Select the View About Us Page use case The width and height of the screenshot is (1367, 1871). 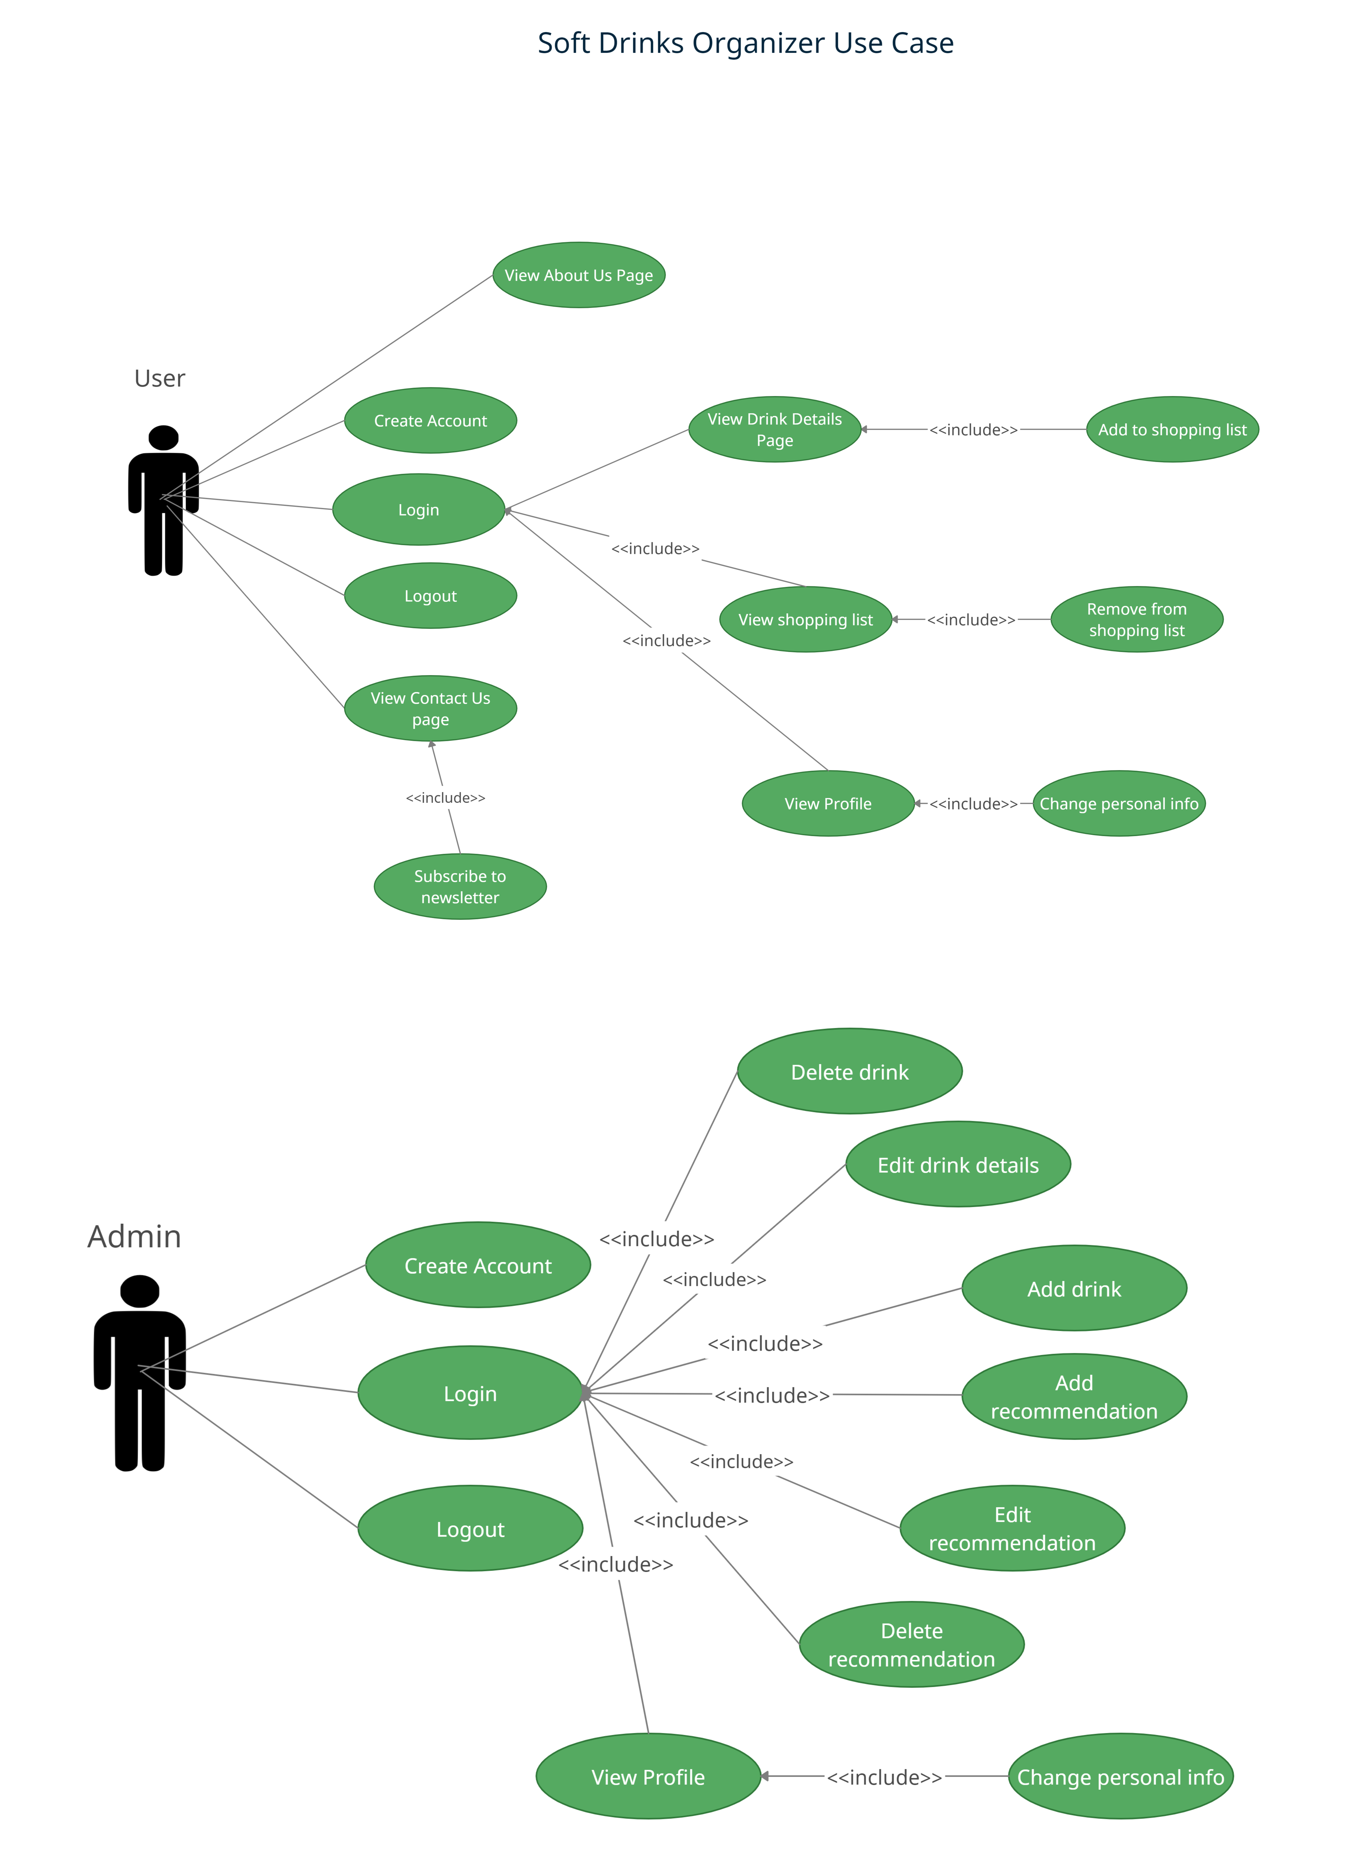coord(579,275)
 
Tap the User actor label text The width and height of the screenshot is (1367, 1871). coord(160,378)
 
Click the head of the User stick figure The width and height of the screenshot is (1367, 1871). coord(163,438)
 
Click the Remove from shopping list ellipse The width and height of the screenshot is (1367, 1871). coord(1136,619)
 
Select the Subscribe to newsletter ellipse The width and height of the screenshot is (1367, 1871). coord(460,886)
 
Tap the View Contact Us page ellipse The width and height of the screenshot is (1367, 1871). coord(430,708)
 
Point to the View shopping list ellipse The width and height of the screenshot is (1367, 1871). coord(805,619)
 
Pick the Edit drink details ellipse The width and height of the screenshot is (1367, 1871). coord(957,1164)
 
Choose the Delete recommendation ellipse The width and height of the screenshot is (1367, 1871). coord(911,1644)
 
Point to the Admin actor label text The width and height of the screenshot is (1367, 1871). coord(134,1236)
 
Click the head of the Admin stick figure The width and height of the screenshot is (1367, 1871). coord(139,1291)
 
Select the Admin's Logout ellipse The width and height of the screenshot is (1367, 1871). coord(470,1529)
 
